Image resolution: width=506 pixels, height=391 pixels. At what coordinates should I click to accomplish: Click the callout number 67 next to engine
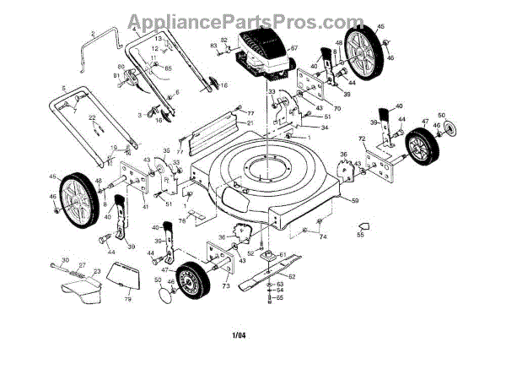pyautogui.click(x=295, y=48)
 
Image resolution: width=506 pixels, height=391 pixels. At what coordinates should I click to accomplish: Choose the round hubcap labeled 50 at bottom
pyautogui.click(x=165, y=296)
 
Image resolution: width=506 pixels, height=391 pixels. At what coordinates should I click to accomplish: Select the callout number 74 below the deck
pyautogui.click(x=322, y=237)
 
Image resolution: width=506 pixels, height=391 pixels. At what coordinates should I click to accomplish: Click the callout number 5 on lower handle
pyautogui.click(x=62, y=89)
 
